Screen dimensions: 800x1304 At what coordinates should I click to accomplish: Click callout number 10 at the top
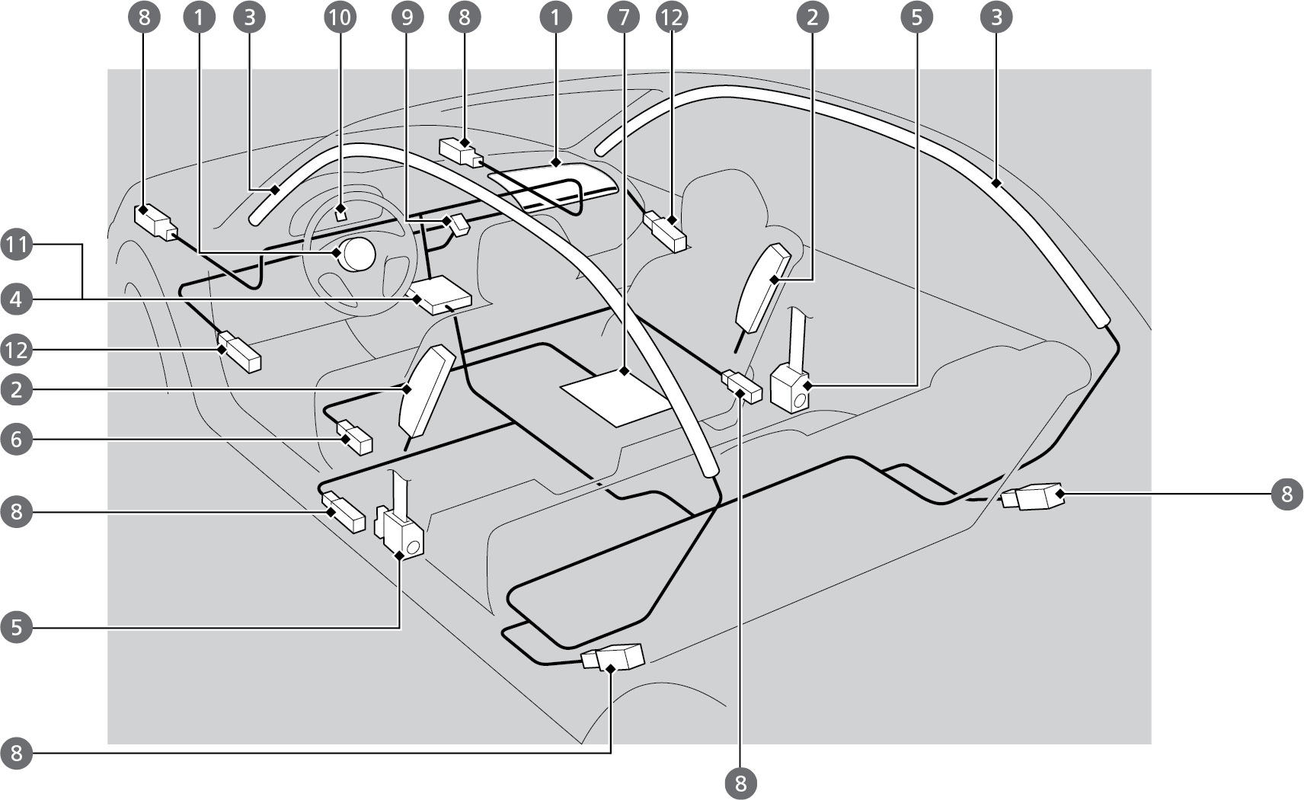[x=340, y=17]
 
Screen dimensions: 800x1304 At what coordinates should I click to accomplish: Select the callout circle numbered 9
[x=407, y=17]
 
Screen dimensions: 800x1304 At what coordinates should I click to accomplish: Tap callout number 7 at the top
[x=624, y=17]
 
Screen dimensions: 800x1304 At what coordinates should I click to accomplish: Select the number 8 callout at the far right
[x=1286, y=494]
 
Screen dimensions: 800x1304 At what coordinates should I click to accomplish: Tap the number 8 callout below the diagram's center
[x=741, y=782]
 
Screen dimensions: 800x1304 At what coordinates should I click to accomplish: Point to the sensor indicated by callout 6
[x=354, y=438]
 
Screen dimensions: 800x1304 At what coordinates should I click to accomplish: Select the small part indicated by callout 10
[x=342, y=213]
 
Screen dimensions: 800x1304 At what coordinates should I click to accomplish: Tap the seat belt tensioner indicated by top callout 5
[x=791, y=387]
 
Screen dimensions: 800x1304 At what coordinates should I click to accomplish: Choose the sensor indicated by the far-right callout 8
[x=1034, y=498]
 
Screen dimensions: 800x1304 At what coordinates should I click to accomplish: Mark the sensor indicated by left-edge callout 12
[x=239, y=352]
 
